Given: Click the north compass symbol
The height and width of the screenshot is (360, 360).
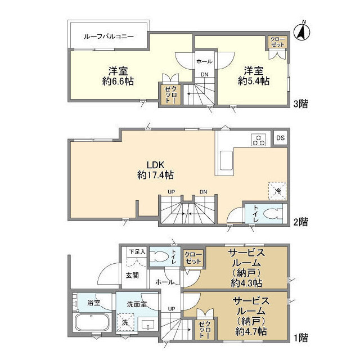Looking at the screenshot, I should (x=303, y=30).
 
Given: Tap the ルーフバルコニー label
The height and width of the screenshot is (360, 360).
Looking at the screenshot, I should (x=109, y=36).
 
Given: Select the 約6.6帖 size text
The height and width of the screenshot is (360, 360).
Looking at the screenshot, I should (x=118, y=81).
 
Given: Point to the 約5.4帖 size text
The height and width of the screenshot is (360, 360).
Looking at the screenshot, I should (x=253, y=81).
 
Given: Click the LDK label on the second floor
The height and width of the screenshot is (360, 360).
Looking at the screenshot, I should (x=155, y=164).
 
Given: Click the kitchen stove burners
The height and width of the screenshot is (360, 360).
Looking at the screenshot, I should (x=258, y=140).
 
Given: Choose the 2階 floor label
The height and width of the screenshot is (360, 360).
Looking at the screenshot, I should (x=300, y=222).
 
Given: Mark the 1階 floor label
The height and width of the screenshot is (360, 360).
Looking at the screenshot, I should (x=300, y=338).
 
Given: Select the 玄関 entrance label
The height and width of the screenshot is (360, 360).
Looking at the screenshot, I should (x=132, y=275).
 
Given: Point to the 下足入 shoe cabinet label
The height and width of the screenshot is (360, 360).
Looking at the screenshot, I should (x=137, y=251).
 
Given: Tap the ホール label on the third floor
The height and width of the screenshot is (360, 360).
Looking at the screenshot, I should (x=204, y=61).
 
